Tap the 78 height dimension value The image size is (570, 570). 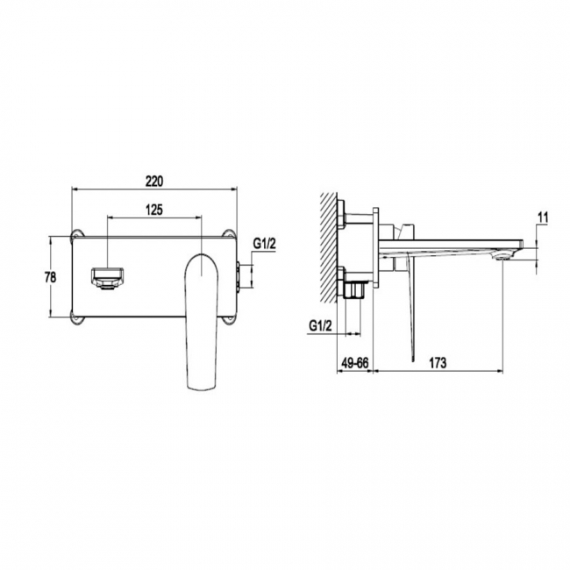tap(50, 277)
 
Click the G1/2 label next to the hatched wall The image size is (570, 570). tap(321, 326)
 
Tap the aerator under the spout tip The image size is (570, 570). tap(504, 255)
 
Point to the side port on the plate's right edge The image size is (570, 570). tap(240, 275)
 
